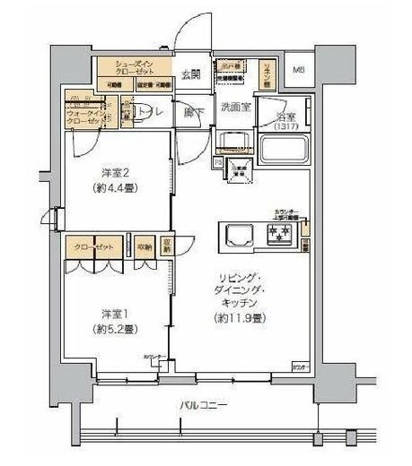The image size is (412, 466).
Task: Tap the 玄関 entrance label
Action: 190,74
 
